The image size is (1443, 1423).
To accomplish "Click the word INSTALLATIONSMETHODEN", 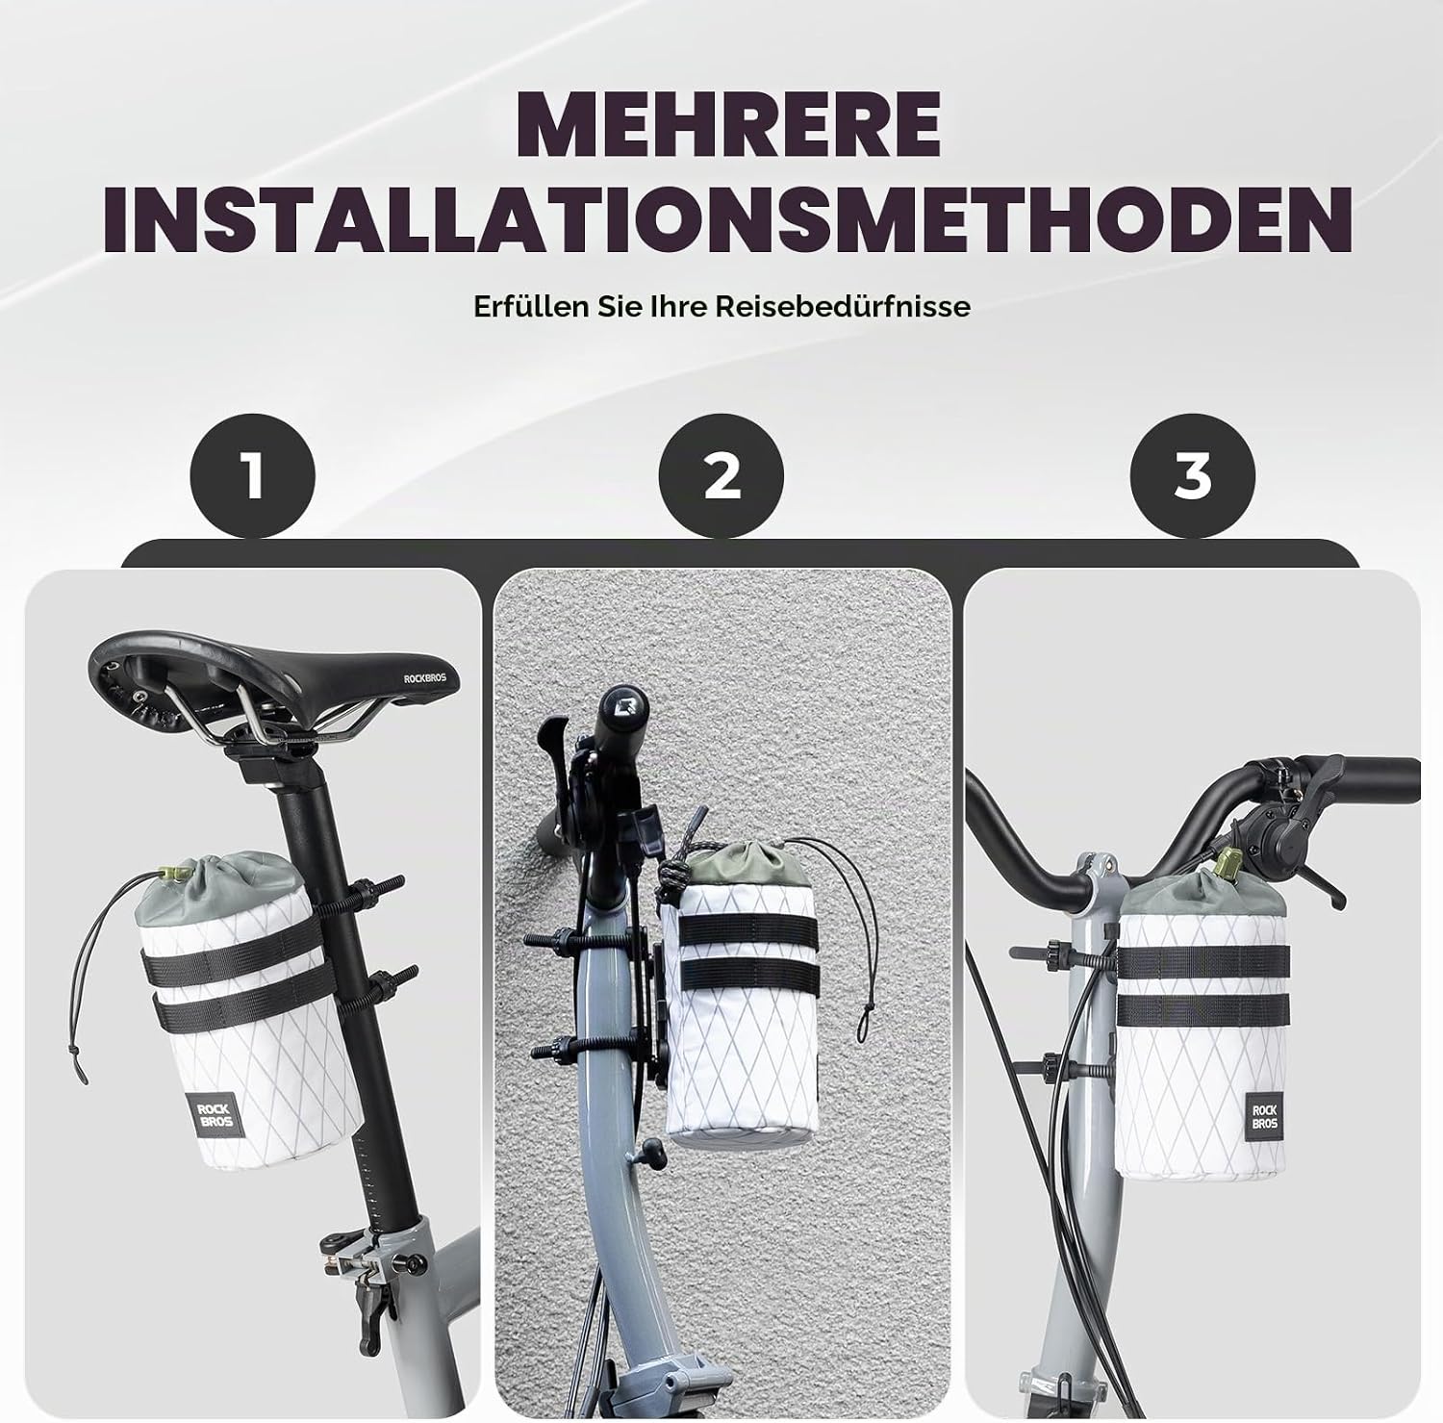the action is (727, 219).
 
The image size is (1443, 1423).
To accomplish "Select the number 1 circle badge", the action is (253, 475).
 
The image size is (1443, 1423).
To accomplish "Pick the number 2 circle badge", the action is (721, 475).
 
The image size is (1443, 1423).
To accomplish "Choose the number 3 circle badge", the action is (1193, 475).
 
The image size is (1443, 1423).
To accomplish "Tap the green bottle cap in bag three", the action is (1228, 866).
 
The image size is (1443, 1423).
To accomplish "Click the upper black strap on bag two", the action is (749, 927).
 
